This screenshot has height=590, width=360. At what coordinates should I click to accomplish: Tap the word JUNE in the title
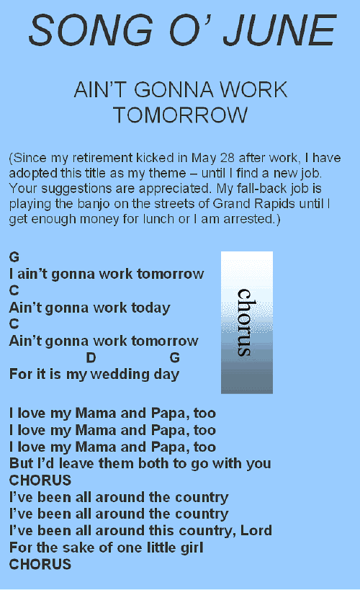[279, 30]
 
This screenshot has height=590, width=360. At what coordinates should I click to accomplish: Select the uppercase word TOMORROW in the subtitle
[181, 115]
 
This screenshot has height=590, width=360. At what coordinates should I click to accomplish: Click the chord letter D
[91, 357]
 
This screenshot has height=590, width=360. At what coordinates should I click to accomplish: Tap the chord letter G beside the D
[174, 357]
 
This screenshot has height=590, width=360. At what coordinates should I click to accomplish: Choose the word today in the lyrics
[150, 308]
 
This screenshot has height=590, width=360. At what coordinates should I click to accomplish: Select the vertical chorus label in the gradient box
[245, 323]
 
